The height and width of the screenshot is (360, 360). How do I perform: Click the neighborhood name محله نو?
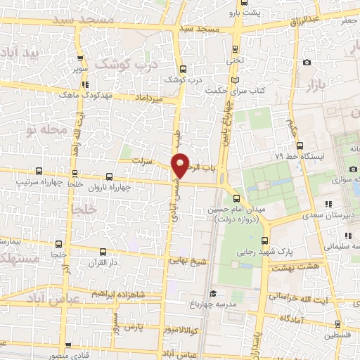pyautogui.click(x=53, y=129)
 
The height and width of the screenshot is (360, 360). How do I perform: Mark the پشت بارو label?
pyautogui.click(x=247, y=13)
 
